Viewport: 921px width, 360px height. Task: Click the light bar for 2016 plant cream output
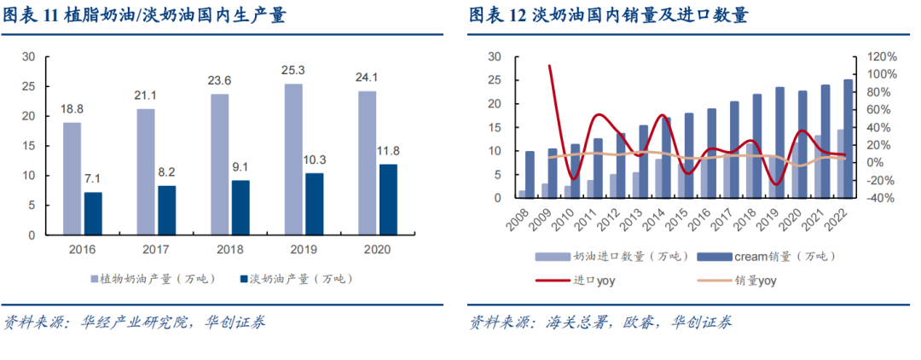[x=72, y=178]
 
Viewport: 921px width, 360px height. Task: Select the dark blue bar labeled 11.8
[x=388, y=199]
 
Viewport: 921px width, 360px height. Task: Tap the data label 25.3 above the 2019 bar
[x=293, y=71]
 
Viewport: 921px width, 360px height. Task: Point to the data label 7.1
[x=94, y=179]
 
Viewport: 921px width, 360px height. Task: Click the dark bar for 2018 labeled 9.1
[x=241, y=206]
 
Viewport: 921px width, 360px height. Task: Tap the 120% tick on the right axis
[x=881, y=56]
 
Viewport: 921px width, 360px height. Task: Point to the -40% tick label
[x=881, y=198]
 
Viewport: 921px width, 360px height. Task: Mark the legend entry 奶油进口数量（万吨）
[x=605, y=256]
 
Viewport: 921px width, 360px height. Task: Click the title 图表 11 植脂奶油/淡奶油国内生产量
[x=144, y=15]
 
